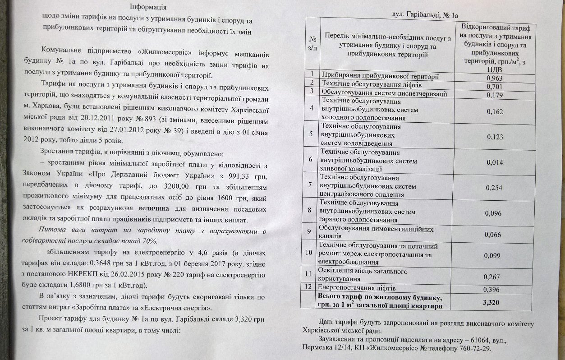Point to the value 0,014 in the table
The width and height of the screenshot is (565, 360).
tap(495, 162)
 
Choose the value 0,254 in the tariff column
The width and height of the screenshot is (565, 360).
tap(495, 188)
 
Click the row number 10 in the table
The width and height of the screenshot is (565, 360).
tap(309, 252)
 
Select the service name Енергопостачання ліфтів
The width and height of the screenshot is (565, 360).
tap(357, 287)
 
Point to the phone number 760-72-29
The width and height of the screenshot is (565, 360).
tap(474, 348)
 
